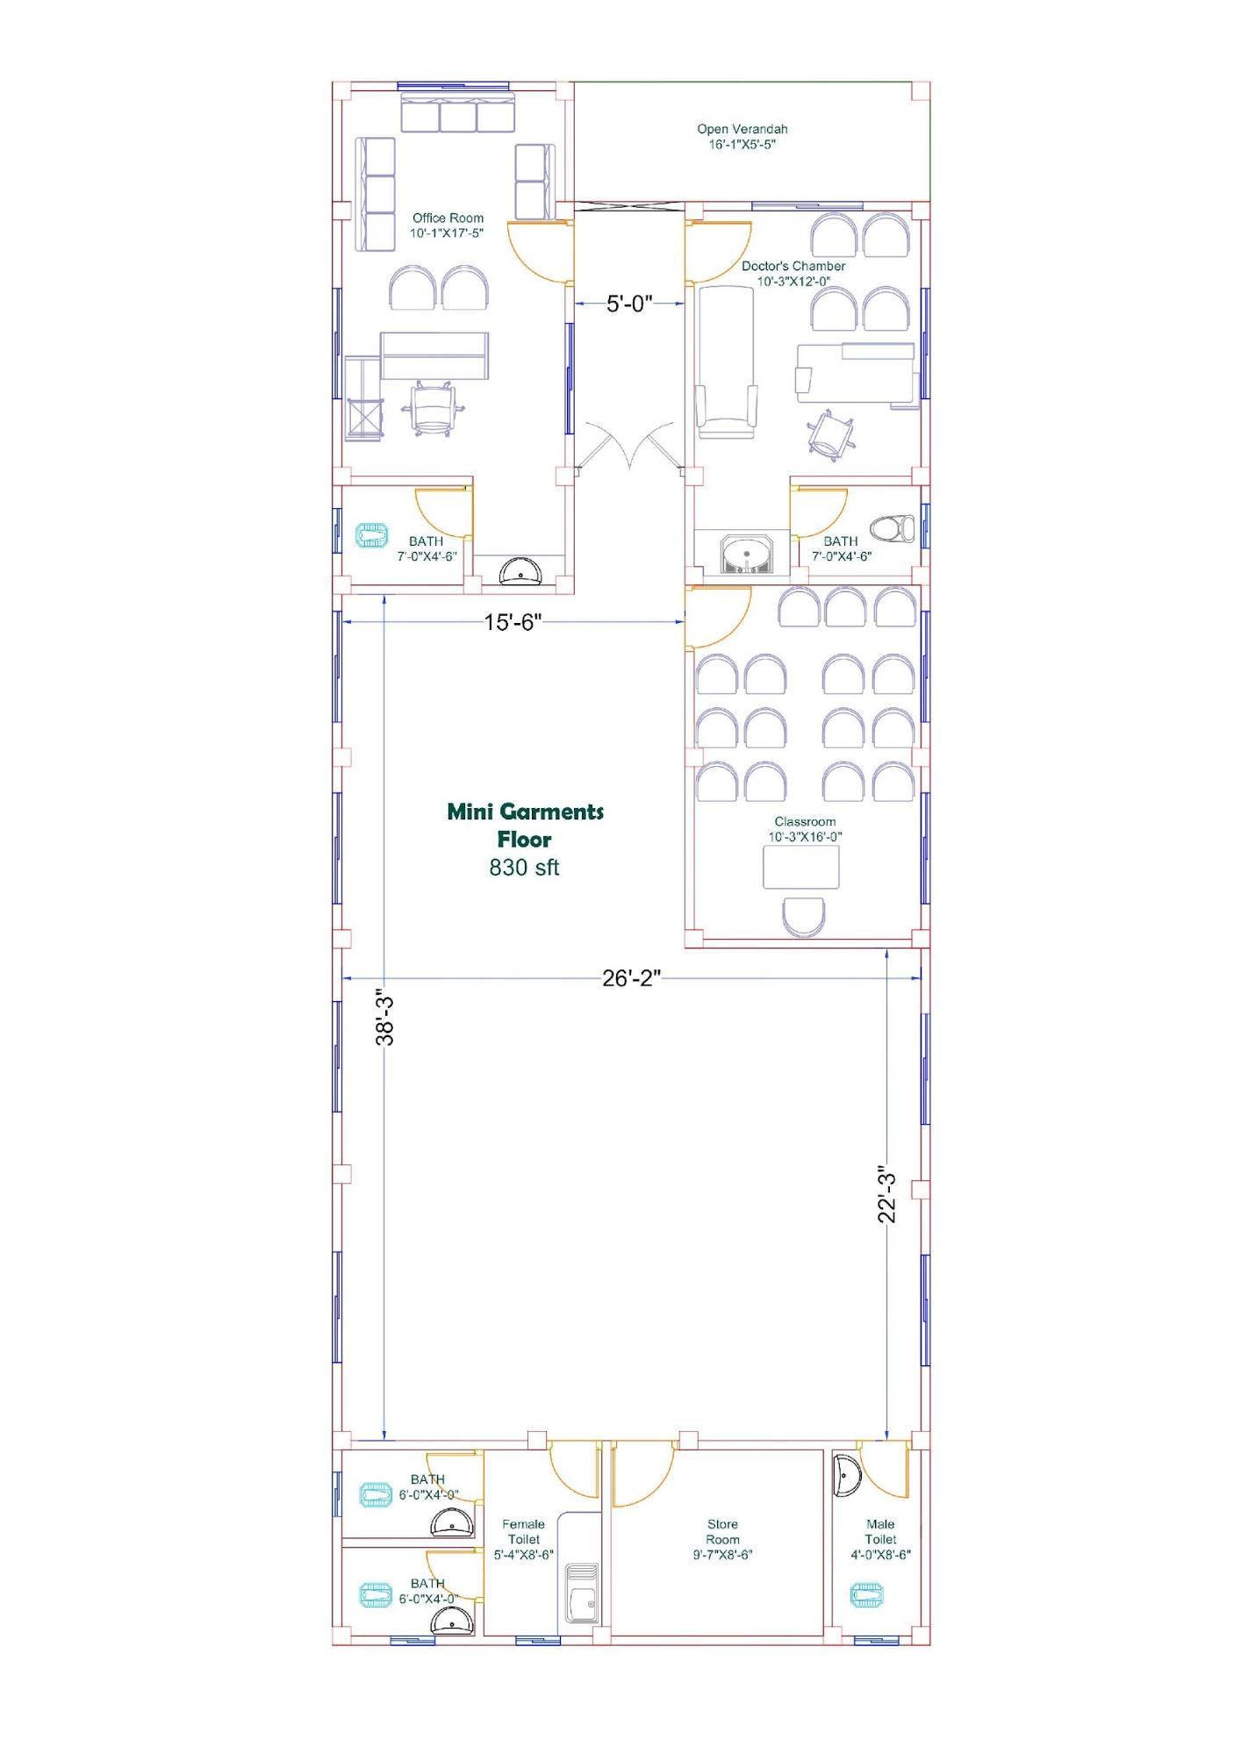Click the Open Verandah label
pyautogui.click(x=742, y=136)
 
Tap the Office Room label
pyautogui.click(x=448, y=225)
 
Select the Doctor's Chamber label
pyautogui.click(x=793, y=273)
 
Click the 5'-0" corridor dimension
pyautogui.click(x=629, y=304)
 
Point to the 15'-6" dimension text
pyautogui.click(x=513, y=622)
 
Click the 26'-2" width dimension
pyautogui.click(x=631, y=977)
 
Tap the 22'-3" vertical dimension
pyautogui.click(x=887, y=1198)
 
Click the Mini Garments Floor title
pyautogui.click(x=525, y=825)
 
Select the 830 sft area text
pyautogui.click(x=524, y=867)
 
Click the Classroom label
pyautogui.click(x=805, y=829)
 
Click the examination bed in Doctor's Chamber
pyautogui.click(x=726, y=362)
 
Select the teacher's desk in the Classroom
pyautogui.click(x=801, y=868)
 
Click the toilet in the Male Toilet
pyautogui.click(x=866, y=1594)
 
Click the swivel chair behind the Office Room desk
pyautogui.click(x=432, y=409)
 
